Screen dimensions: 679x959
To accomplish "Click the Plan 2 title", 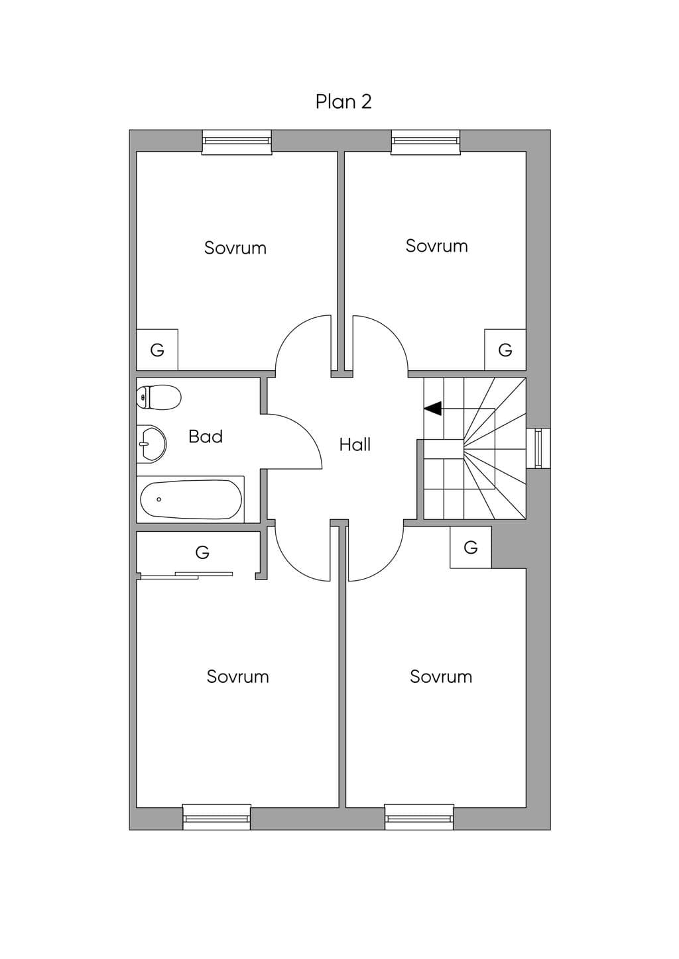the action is [343, 102].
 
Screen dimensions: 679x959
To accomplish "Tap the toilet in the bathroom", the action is [158, 397].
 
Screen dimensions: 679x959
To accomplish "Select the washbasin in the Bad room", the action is [151, 444].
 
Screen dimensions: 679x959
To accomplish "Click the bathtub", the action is [191, 499].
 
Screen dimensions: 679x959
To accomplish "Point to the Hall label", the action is [355, 445].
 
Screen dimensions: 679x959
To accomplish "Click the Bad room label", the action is [206, 436].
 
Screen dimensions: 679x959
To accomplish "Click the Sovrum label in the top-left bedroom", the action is [235, 248].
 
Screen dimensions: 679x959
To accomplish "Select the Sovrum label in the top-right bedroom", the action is [436, 246].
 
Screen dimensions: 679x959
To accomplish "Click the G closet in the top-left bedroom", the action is [157, 350].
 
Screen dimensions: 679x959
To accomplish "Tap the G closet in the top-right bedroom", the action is [505, 350].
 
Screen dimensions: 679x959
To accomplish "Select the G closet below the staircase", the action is [470, 547].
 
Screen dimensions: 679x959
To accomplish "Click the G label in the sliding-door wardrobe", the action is [202, 552].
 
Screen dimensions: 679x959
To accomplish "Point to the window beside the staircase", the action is [538, 448].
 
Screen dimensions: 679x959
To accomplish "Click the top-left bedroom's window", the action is [237, 142].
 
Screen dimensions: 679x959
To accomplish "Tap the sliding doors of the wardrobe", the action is [186, 576].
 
